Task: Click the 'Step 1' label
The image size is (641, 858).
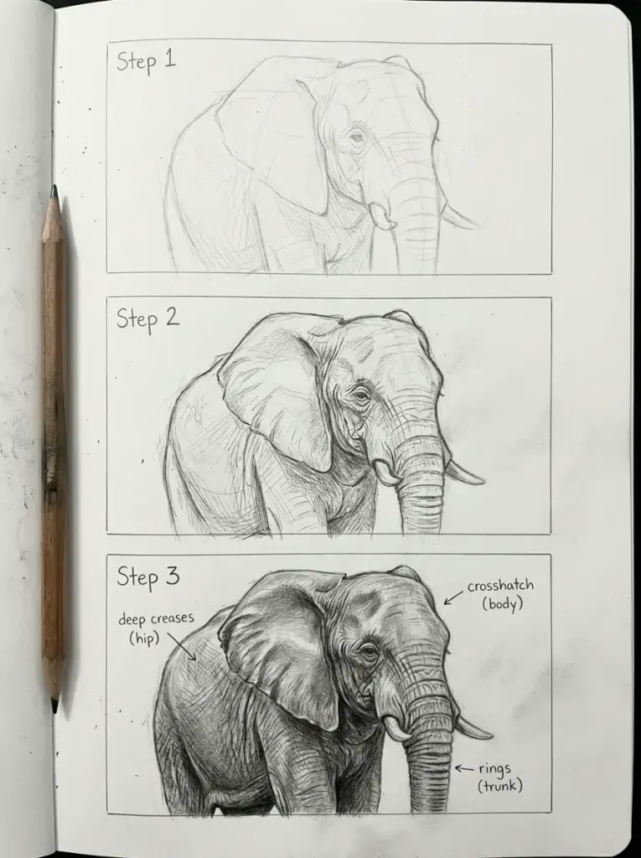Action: (147, 61)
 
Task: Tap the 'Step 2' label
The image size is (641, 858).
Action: (147, 318)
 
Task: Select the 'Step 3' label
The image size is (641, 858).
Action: (147, 576)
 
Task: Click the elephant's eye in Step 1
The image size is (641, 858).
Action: (358, 136)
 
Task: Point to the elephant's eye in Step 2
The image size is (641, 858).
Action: (362, 392)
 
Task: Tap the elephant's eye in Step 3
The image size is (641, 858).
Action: (367, 650)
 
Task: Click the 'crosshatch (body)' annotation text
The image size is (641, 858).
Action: (501, 594)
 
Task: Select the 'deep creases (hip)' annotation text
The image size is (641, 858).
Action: (156, 628)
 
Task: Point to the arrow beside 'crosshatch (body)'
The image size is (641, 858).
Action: (452, 597)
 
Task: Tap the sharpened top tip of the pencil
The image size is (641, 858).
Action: (54, 191)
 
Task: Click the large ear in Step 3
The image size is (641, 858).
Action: (277, 645)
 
